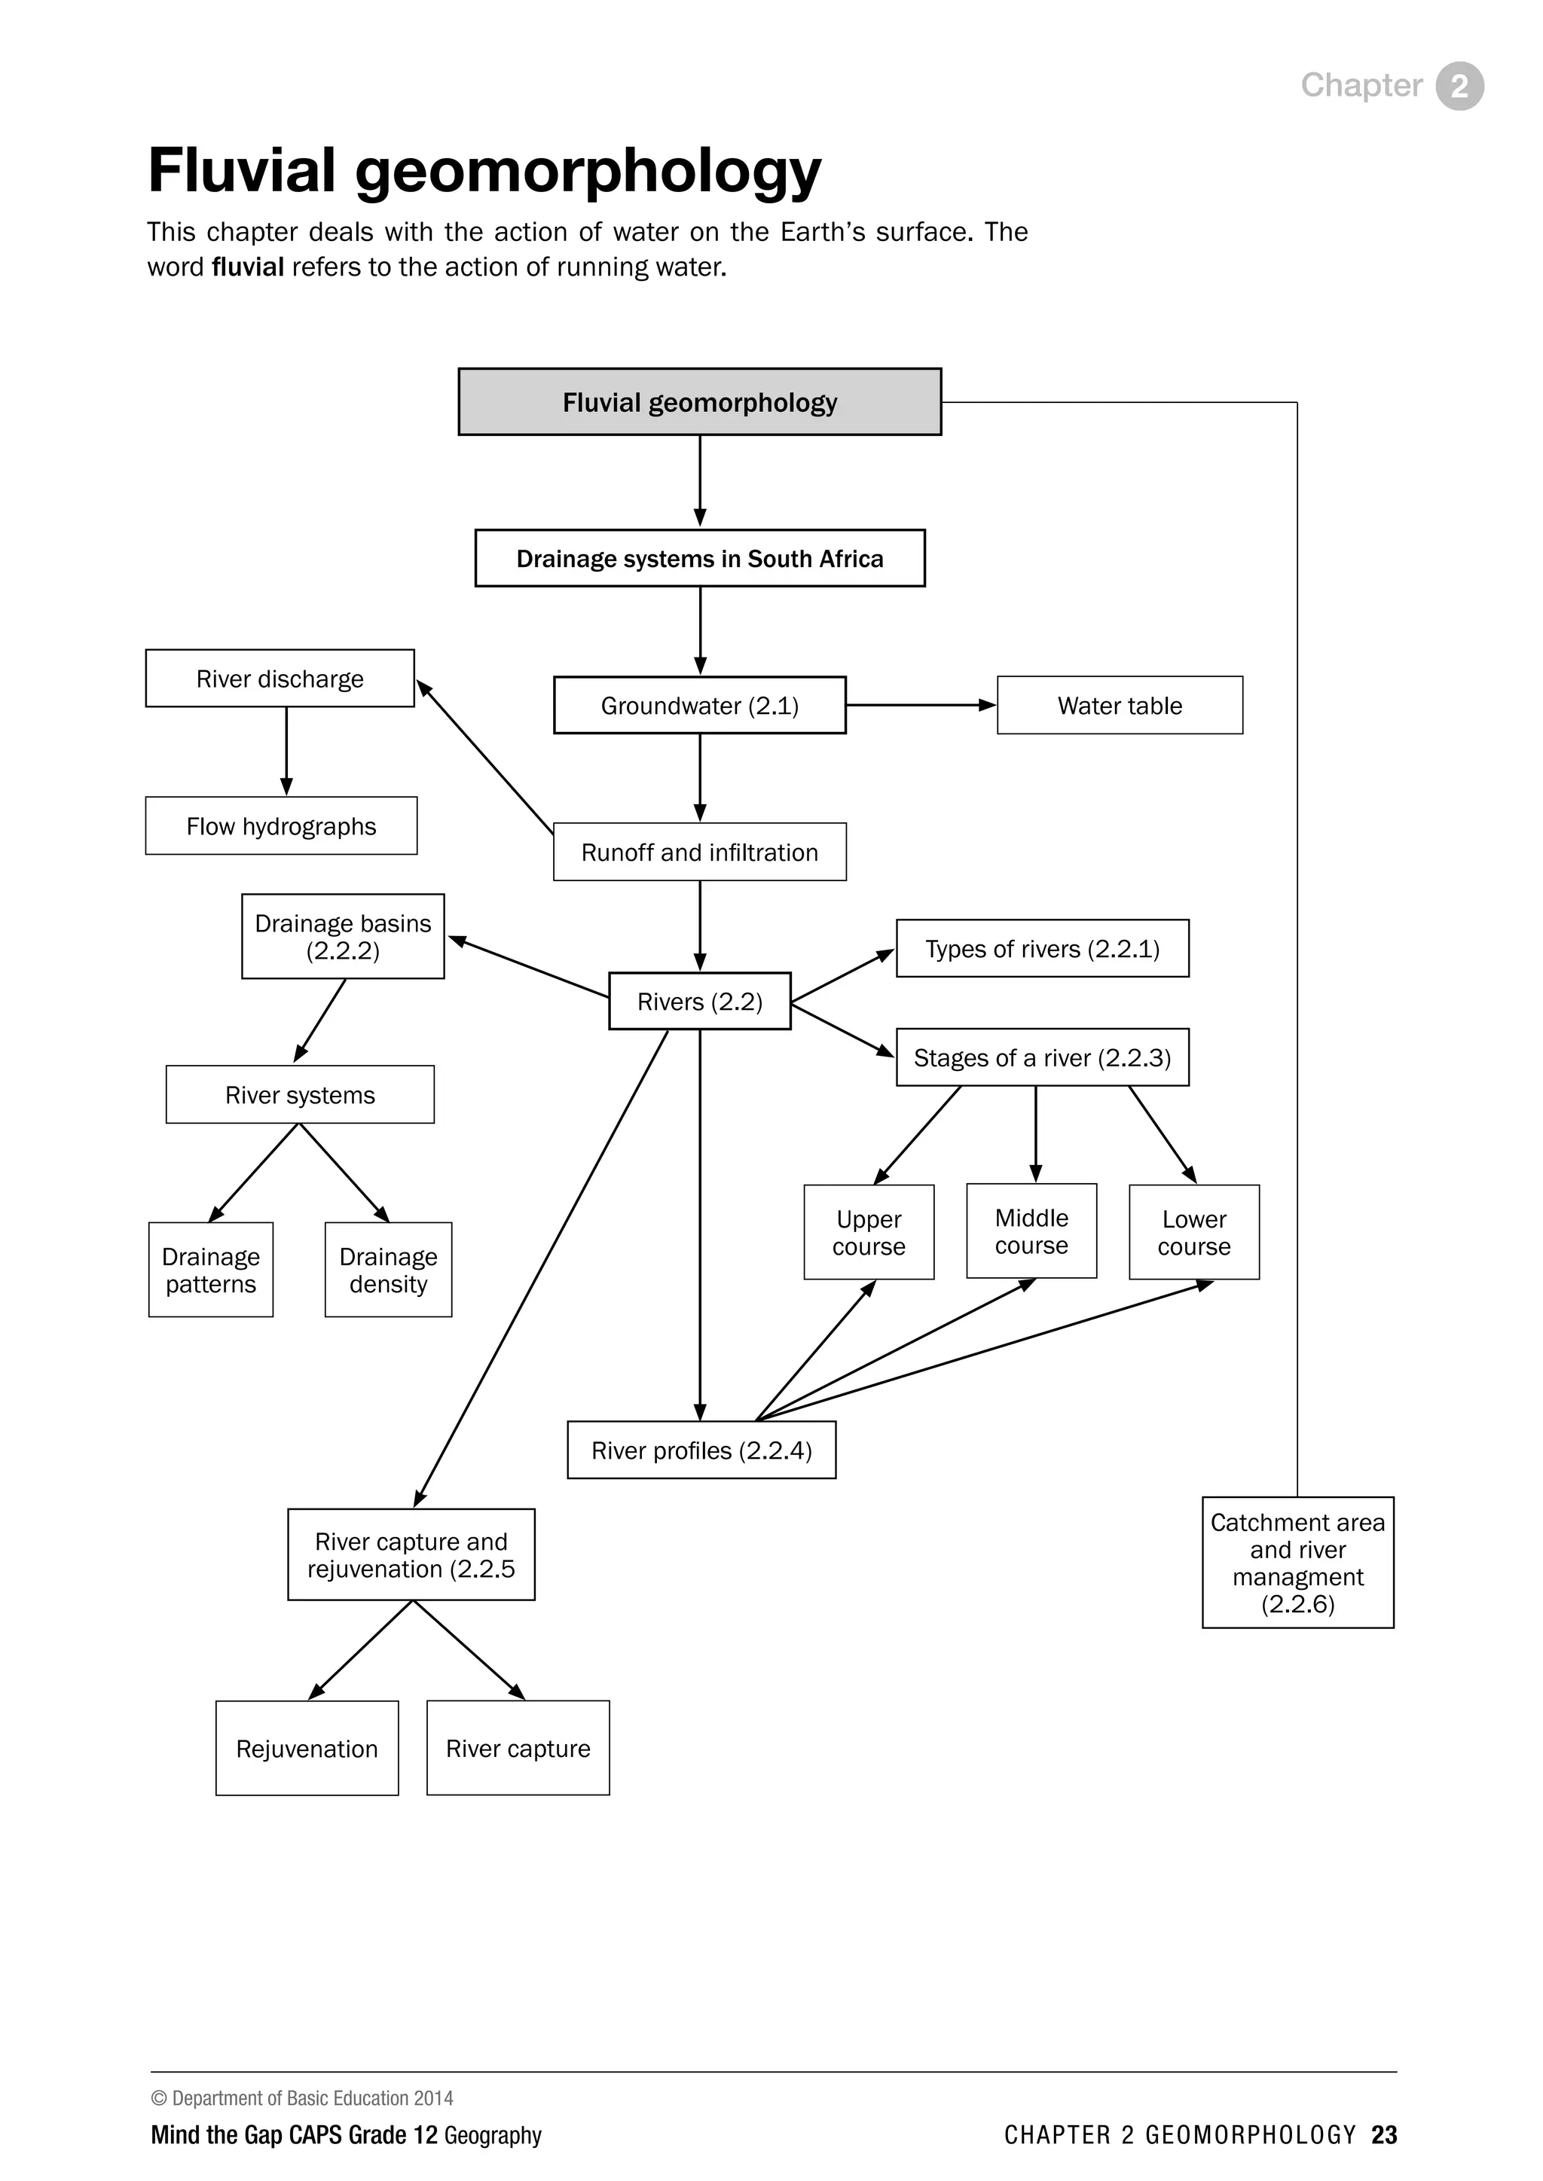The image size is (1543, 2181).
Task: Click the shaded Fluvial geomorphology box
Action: tap(699, 402)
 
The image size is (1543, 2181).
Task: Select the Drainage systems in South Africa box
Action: tap(699, 559)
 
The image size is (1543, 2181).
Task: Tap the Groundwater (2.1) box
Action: tap(699, 706)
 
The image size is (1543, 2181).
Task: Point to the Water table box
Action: tap(1120, 706)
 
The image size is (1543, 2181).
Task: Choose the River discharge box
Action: tap(280, 679)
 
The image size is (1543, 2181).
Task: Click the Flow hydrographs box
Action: tap(280, 826)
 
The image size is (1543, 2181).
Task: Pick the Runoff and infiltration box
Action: tap(699, 852)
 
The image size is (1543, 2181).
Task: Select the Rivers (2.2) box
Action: tap(699, 1001)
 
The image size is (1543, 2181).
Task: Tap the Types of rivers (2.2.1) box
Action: tap(1042, 949)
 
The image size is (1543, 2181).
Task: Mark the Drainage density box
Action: tap(388, 1270)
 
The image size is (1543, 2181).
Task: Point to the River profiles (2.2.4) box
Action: tap(701, 1450)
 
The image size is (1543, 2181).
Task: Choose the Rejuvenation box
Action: tap(307, 1749)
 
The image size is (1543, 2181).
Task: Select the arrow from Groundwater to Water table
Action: tap(920, 706)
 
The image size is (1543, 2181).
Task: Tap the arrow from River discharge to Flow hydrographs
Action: tap(286, 750)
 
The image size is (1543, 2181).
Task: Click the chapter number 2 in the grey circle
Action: tap(1459, 87)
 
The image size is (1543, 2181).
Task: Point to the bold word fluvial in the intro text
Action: tap(247, 267)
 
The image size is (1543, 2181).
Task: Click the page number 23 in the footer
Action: tap(1383, 2134)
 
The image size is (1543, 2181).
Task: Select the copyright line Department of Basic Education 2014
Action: tap(302, 2097)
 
